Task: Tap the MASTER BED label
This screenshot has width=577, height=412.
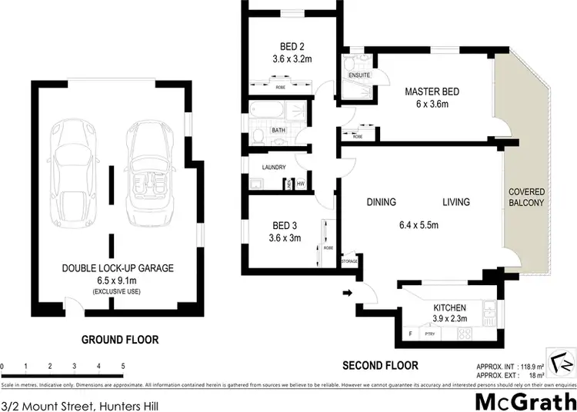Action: (x=432, y=92)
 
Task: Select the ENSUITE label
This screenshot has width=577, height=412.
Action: (x=359, y=75)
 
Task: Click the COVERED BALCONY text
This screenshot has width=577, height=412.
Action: (x=525, y=197)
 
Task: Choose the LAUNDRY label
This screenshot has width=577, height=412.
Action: (x=274, y=168)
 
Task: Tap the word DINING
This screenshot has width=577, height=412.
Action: (x=381, y=203)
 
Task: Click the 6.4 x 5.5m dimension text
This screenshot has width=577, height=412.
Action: (x=419, y=225)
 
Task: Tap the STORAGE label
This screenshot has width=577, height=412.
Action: (x=350, y=262)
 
